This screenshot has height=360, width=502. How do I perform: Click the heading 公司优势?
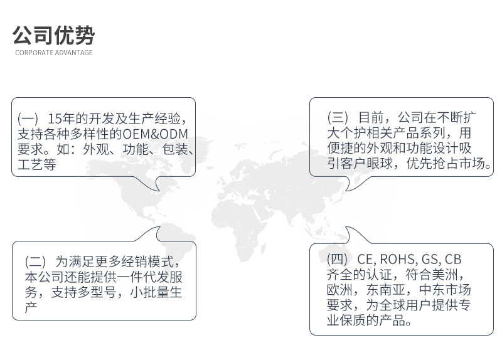click(53, 35)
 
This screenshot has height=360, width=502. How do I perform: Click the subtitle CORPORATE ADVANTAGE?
click(54, 53)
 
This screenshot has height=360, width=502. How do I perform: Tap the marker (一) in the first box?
click(28, 119)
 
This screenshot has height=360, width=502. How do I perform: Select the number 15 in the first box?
click(55, 119)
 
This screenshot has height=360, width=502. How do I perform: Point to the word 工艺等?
click(37, 164)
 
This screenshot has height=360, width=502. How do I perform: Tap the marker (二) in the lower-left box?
click(35, 262)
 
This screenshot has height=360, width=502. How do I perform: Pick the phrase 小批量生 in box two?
click(156, 292)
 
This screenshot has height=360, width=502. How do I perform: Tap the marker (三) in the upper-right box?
click(338, 117)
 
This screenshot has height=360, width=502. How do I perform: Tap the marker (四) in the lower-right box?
click(337, 259)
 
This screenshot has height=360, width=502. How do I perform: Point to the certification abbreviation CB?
click(453, 259)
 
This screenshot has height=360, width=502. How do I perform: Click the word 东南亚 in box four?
click(385, 290)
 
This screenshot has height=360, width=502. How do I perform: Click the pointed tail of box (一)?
click(159, 191)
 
